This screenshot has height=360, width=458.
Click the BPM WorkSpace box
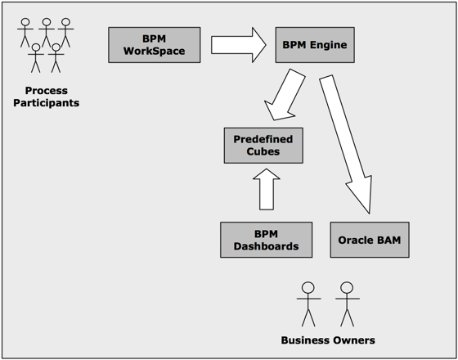[x=154, y=44]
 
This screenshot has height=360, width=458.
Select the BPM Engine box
[x=314, y=44]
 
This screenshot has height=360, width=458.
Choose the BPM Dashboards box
[x=266, y=240]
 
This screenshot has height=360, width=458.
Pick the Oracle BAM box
[x=368, y=240]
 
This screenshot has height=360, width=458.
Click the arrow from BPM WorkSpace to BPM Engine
[x=238, y=44]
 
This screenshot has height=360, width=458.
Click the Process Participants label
[x=46, y=97]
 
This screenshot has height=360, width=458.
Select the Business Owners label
[x=328, y=340]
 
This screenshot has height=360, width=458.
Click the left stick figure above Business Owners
[x=308, y=303]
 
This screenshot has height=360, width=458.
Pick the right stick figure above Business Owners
[x=346, y=303]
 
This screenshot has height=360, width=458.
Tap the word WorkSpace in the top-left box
[x=154, y=52]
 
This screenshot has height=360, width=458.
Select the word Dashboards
[x=266, y=246]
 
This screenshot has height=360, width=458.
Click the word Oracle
[x=356, y=241]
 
